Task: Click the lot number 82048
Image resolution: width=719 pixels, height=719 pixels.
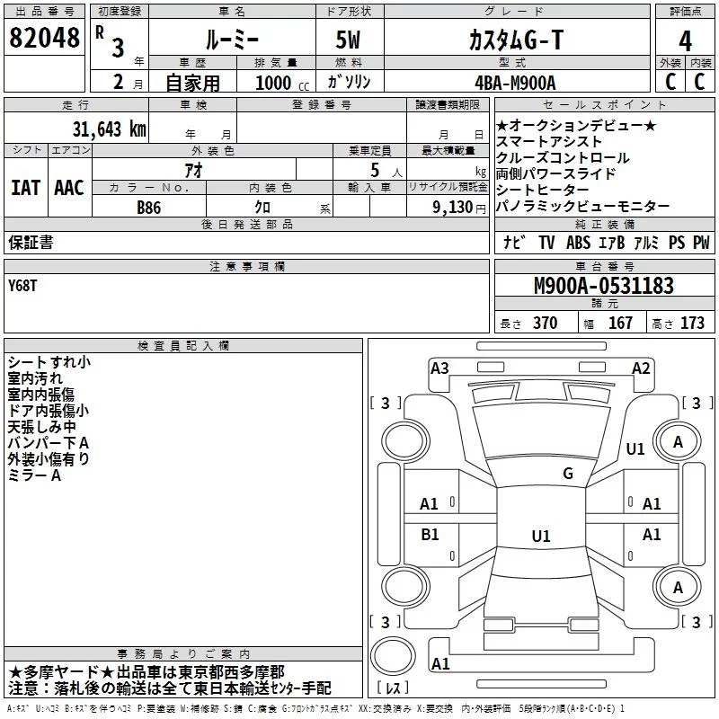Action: pos(44,38)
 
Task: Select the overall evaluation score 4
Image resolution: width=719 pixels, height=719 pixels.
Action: pos(685,41)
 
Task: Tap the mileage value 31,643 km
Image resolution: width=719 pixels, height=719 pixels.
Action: pos(109,129)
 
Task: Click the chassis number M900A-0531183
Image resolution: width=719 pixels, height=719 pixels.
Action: pos(604,286)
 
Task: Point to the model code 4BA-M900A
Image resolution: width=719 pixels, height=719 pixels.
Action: pos(515,83)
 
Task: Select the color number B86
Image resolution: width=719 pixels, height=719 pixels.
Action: pos(149,208)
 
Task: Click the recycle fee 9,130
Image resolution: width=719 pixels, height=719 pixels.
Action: pos(452,208)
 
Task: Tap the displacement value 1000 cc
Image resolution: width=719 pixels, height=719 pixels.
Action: pos(282,83)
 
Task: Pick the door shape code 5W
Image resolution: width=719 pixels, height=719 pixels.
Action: pos(348,40)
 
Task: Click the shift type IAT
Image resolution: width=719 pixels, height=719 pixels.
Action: pos(26,188)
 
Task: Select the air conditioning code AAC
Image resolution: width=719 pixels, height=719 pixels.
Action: pos(69,188)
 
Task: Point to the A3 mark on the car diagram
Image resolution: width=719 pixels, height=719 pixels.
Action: pos(439,368)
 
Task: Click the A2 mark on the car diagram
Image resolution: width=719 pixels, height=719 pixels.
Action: pos(641,368)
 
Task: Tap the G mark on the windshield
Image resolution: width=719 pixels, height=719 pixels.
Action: pos(568,474)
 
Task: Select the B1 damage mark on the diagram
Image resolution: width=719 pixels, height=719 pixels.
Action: pos(430,534)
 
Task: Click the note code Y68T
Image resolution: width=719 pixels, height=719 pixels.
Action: pos(22,286)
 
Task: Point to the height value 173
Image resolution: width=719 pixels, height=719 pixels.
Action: pos(692,324)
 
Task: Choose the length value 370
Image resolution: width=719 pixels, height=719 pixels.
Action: pos(546,324)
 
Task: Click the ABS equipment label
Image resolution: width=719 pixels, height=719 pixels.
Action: pos(578,243)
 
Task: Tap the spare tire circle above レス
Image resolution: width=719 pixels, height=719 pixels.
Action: pos(393,655)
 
